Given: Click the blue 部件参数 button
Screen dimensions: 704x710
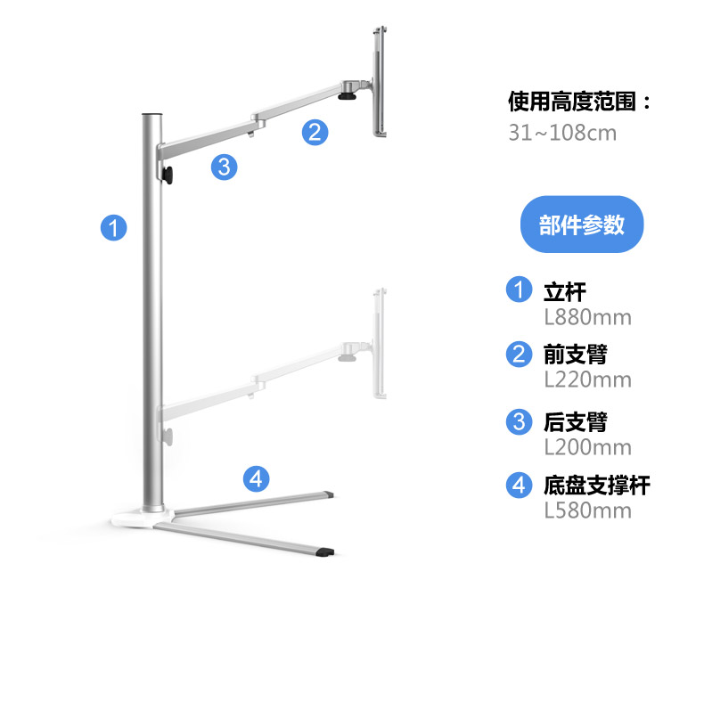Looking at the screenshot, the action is pyautogui.click(x=582, y=224).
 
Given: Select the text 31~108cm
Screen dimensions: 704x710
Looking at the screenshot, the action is pyautogui.click(x=562, y=133).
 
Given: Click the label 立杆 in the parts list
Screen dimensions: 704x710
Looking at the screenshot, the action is pyautogui.click(x=564, y=291).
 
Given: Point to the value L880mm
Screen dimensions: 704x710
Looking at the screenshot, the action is pyautogui.click(x=587, y=317).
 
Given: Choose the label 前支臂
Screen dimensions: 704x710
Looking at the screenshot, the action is pyautogui.click(x=576, y=354).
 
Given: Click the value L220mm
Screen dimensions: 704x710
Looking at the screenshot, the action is pyautogui.click(x=587, y=379).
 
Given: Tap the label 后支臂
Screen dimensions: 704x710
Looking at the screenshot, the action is pyautogui.click(x=576, y=421).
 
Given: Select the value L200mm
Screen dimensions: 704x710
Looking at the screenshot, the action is pyautogui.click(x=587, y=447).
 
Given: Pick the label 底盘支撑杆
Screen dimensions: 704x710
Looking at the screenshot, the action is pyautogui.click(x=597, y=485).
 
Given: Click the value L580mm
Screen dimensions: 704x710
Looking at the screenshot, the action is pyautogui.click(x=587, y=510).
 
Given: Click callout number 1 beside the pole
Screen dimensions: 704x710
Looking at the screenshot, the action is pyautogui.click(x=114, y=228).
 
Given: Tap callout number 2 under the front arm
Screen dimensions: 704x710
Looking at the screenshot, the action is pyautogui.click(x=315, y=132).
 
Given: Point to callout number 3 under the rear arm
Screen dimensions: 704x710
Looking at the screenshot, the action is pyautogui.click(x=225, y=167).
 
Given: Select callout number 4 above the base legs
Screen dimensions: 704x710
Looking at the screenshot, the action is pyautogui.click(x=256, y=478).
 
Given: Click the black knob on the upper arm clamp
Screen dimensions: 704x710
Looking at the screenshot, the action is pyautogui.click(x=168, y=175).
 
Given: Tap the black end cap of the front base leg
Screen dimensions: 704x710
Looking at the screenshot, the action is pyautogui.click(x=326, y=552).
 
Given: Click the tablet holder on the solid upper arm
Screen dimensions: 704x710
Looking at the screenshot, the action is pyautogui.click(x=380, y=81).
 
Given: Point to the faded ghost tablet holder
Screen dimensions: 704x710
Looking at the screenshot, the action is pyautogui.click(x=380, y=343).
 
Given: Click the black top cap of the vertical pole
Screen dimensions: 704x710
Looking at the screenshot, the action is pyautogui.click(x=152, y=115).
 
